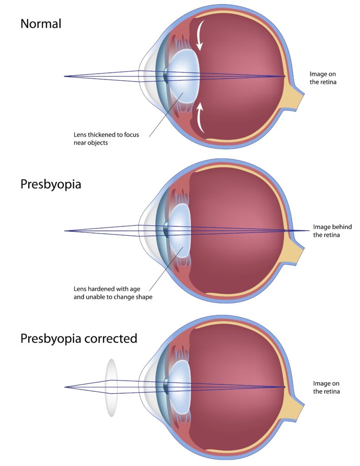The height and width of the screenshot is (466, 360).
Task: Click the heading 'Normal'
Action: pos(41,24)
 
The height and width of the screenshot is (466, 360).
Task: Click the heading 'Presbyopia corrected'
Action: pos(79,339)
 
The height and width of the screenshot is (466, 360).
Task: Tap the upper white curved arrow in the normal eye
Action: pos(199,35)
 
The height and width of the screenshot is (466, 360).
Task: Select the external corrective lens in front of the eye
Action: pos(111,388)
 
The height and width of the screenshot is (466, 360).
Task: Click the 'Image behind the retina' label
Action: pos(332,231)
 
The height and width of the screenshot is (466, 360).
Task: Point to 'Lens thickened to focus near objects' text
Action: pos(106,138)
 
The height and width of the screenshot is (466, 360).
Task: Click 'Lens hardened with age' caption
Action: pos(106,289)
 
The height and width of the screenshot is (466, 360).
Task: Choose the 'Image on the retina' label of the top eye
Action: pos(323,78)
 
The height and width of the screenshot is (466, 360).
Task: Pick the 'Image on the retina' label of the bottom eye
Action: pos(326,388)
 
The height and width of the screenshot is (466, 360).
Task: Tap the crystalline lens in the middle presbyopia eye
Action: pos(179,231)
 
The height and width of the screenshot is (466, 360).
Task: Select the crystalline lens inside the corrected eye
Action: pos(179,387)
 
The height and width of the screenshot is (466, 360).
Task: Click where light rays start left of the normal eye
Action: pos(65,76)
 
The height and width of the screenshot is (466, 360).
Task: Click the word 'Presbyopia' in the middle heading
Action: pos(51,184)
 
